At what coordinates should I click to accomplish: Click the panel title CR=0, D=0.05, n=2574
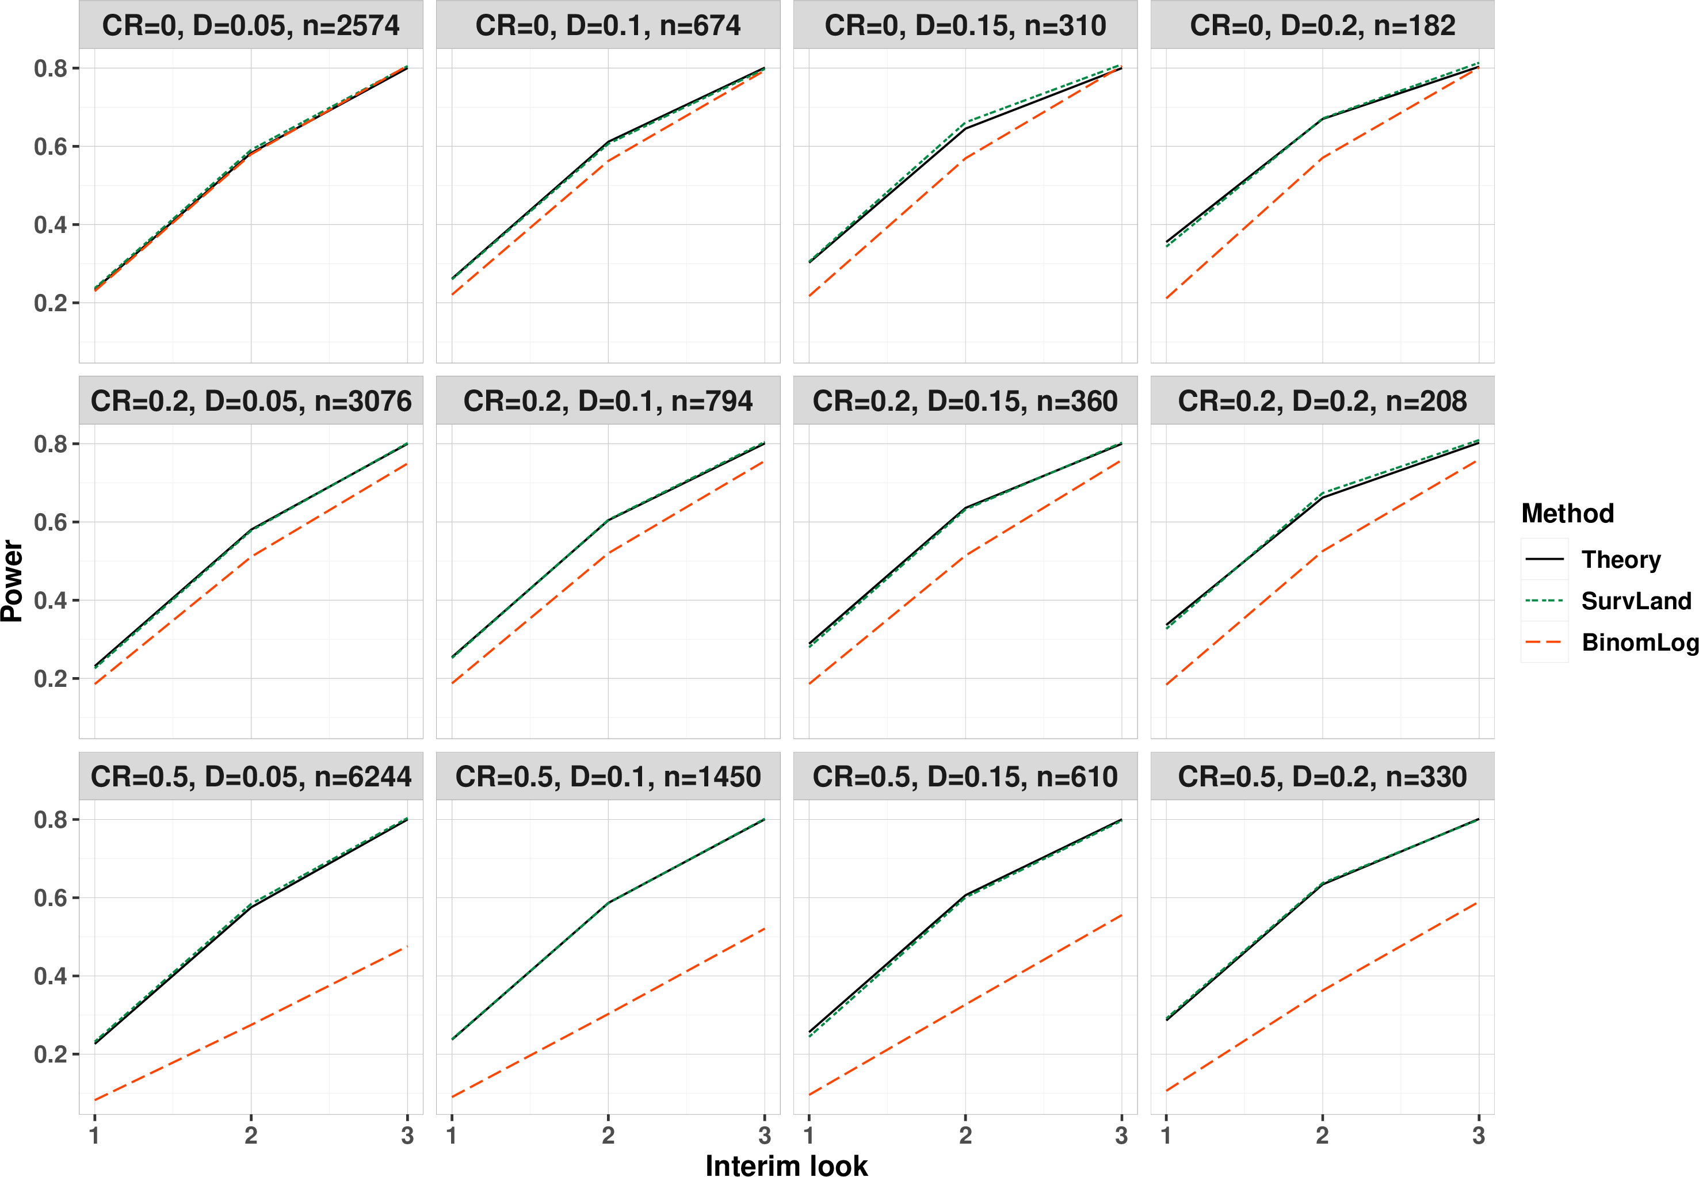point(251,26)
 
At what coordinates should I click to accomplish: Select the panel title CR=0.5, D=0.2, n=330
point(1322,777)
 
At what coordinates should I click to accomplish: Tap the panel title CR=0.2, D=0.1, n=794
point(608,401)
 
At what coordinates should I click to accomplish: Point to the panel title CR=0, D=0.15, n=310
point(965,26)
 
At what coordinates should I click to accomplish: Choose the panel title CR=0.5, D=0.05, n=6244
point(251,777)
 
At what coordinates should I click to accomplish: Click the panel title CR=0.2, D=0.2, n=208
point(1322,401)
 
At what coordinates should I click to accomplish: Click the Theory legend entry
point(1621,560)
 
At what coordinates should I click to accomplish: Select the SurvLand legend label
point(1636,601)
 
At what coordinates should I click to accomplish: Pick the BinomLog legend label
point(1640,643)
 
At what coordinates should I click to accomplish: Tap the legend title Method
point(1568,513)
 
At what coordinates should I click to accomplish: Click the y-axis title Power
point(13,581)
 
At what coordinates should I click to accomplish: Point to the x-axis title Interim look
point(787,1164)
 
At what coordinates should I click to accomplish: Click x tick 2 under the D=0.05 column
point(251,1135)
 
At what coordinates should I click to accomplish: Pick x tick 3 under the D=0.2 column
point(1479,1135)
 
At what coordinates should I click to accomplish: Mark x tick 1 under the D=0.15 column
point(809,1135)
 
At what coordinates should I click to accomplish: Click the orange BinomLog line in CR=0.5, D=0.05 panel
point(251,1025)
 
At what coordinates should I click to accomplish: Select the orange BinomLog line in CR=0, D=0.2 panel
point(1322,158)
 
